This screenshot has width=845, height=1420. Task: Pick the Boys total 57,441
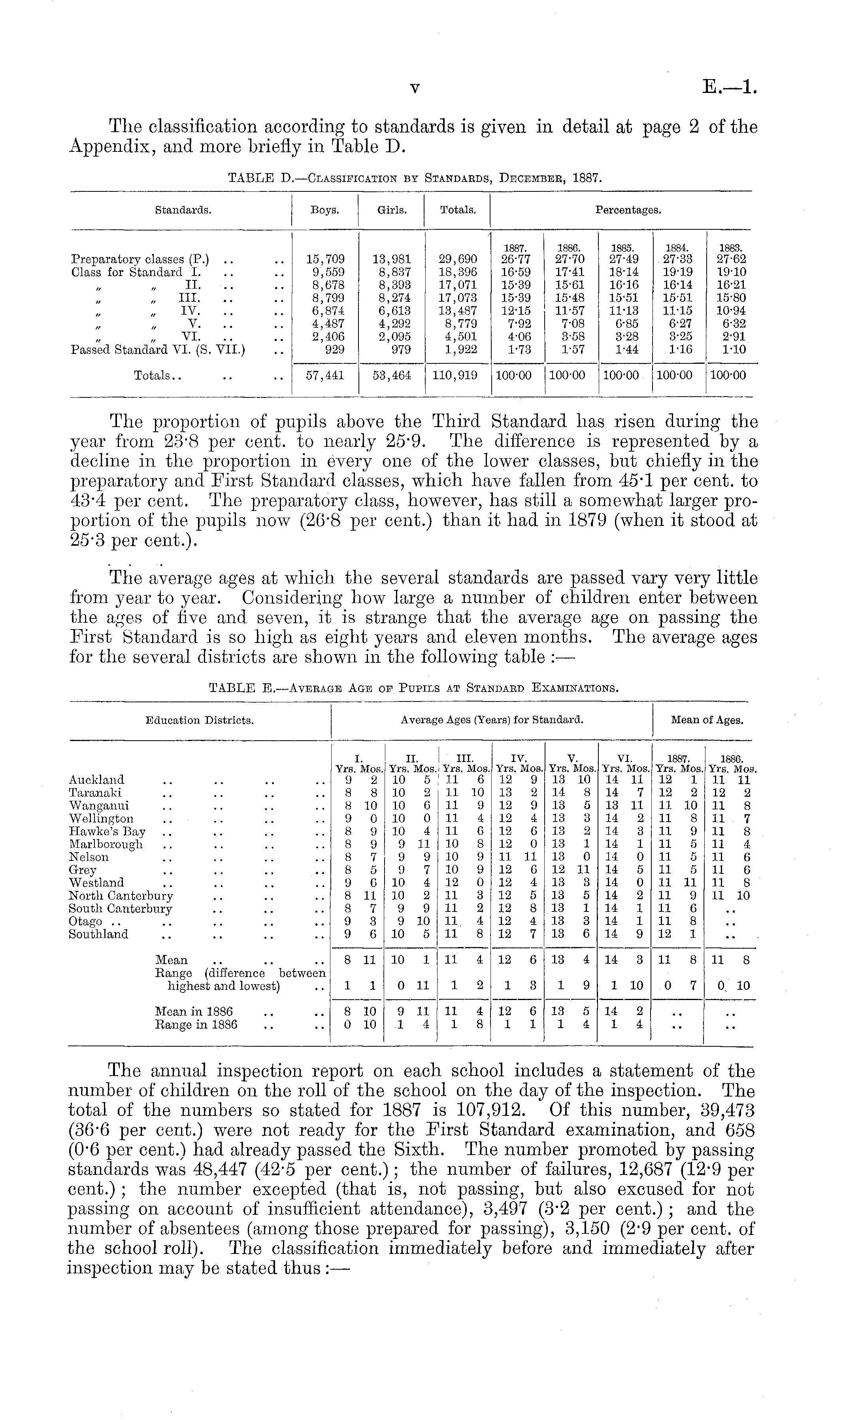pos(325,376)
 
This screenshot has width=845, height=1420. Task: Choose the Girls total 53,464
pos(392,376)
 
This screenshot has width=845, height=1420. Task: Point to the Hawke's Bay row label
pos(107,832)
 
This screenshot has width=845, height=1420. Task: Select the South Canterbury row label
pos(120,909)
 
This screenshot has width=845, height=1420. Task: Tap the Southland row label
pos(98,935)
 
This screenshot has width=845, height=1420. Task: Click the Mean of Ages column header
pos(707,720)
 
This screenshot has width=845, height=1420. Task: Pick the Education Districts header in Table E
pos(199,720)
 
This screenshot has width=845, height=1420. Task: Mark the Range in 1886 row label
pos(196,1025)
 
